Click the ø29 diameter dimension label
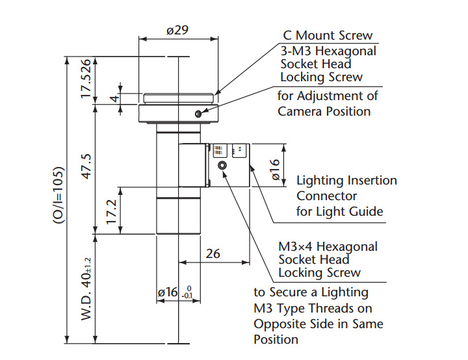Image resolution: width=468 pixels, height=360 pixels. pos(177,30)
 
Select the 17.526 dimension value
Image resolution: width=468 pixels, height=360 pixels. pos(86,79)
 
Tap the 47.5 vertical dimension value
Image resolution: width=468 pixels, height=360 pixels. pos(86,166)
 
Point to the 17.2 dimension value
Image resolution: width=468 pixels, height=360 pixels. pos(111,212)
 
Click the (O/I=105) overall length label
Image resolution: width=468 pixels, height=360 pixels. pos(58,195)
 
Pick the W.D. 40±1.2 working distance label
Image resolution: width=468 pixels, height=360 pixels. pos(86,289)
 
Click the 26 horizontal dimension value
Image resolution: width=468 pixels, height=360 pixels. pos(213,253)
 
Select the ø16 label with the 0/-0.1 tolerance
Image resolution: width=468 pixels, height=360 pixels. pos(175,292)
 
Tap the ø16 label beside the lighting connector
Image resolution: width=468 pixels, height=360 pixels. pos(275,169)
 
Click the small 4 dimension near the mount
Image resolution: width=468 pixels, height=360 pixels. pos(115,97)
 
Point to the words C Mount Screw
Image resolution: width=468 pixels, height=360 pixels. pos(328,36)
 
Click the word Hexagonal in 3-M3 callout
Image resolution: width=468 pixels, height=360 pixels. pos(346,51)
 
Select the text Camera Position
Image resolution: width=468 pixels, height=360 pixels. pos(324,112)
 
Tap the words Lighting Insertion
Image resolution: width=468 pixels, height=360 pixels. pos(346,180)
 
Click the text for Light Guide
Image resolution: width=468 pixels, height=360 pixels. pos(340,212)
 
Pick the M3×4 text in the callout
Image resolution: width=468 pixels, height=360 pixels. pos(295,247)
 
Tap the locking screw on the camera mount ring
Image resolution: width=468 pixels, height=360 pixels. pos(198,114)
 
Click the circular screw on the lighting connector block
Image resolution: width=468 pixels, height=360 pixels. pos(222,165)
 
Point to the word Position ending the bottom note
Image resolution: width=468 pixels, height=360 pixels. pos(276,340)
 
